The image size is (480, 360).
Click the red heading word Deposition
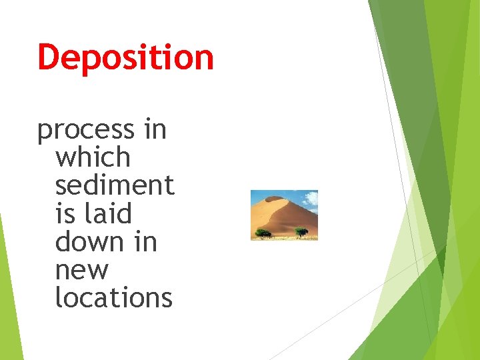pos(125,57)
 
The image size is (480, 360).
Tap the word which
pos(93,157)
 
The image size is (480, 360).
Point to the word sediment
pos(115,185)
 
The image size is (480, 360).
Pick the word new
pos(81,270)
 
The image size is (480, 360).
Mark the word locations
pos(113,297)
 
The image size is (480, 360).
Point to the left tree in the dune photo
pos(264,233)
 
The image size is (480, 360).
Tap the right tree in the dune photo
pos(301,231)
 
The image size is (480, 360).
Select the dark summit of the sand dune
pos(274,198)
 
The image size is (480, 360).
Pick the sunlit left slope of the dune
pos(263,213)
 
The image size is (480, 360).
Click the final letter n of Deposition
pos(204,57)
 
